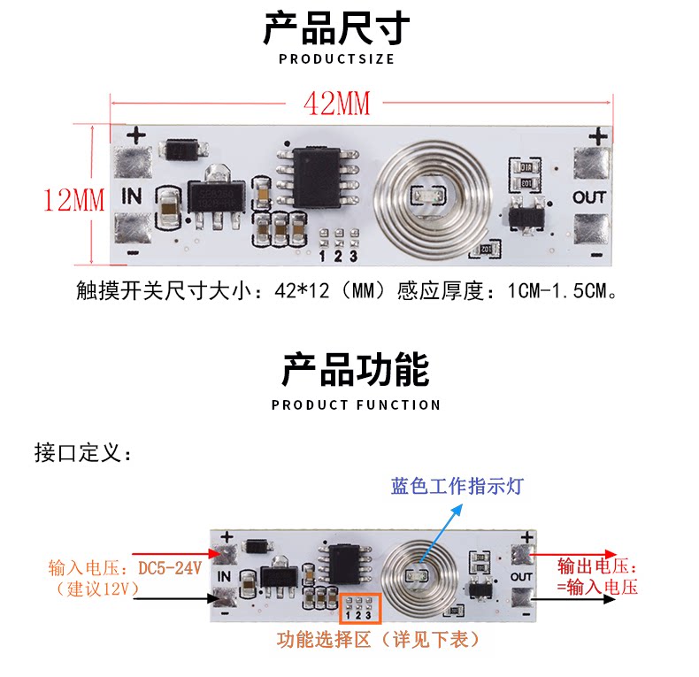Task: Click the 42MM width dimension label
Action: pyautogui.click(x=336, y=104)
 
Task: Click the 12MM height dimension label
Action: pyautogui.click(x=74, y=199)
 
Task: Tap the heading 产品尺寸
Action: pyautogui.click(x=336, y=28)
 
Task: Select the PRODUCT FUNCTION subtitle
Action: pyautogui.click(x=356, y=405)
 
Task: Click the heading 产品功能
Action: pyautogui.click(x=356, y=369)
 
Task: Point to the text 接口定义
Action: pyautogui.click(x=83, y=453)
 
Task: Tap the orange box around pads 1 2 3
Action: pyautogui.click(x=359, y=607)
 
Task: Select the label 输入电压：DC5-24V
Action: pyautogui.click(x=126, y=566)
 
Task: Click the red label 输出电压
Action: pyautogui.click(x=597, y=566)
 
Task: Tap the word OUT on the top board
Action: pyautogui.click(x=589, y=196)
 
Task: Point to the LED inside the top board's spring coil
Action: pyautogui.click(x=422, y=195)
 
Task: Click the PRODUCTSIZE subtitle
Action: pyautogui.click(x=336, y=59)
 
